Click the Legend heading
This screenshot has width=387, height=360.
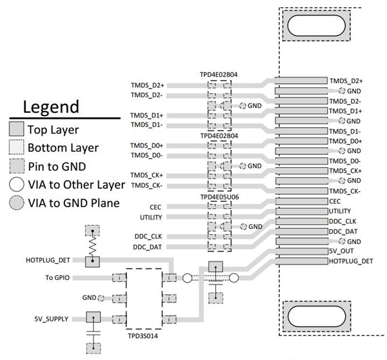tap(50, 106)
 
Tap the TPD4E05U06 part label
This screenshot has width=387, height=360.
tap(219, 196)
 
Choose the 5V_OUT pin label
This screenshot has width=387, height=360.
tap(340, 252)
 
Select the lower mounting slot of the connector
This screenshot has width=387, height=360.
tap(315, 317)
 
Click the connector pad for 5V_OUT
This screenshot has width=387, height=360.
tap(301, 252)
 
